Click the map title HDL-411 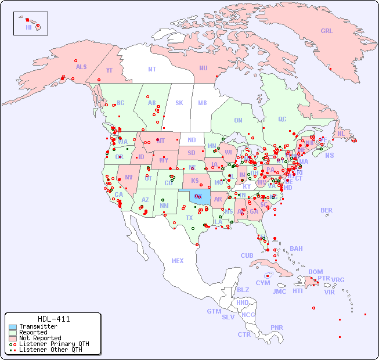coord(53,319)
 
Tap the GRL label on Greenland coord(327,31)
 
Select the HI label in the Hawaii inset coord(28,27)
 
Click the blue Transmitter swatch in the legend coord(13,327)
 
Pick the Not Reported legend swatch coord(13,338)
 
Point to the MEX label coord(178,261)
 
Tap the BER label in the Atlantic coord(327,210)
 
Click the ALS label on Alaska coord(81,67)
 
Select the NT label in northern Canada coord(152,69)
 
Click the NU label coord(203,68)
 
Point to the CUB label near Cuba coord(247,255)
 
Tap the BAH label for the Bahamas coord(296,249)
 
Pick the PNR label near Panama coord(277,327)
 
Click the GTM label coord(214,311)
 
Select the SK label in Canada coord(179,103)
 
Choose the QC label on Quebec coord(282,120)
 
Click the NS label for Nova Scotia coord(329,155)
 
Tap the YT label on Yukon coord(109,70)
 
